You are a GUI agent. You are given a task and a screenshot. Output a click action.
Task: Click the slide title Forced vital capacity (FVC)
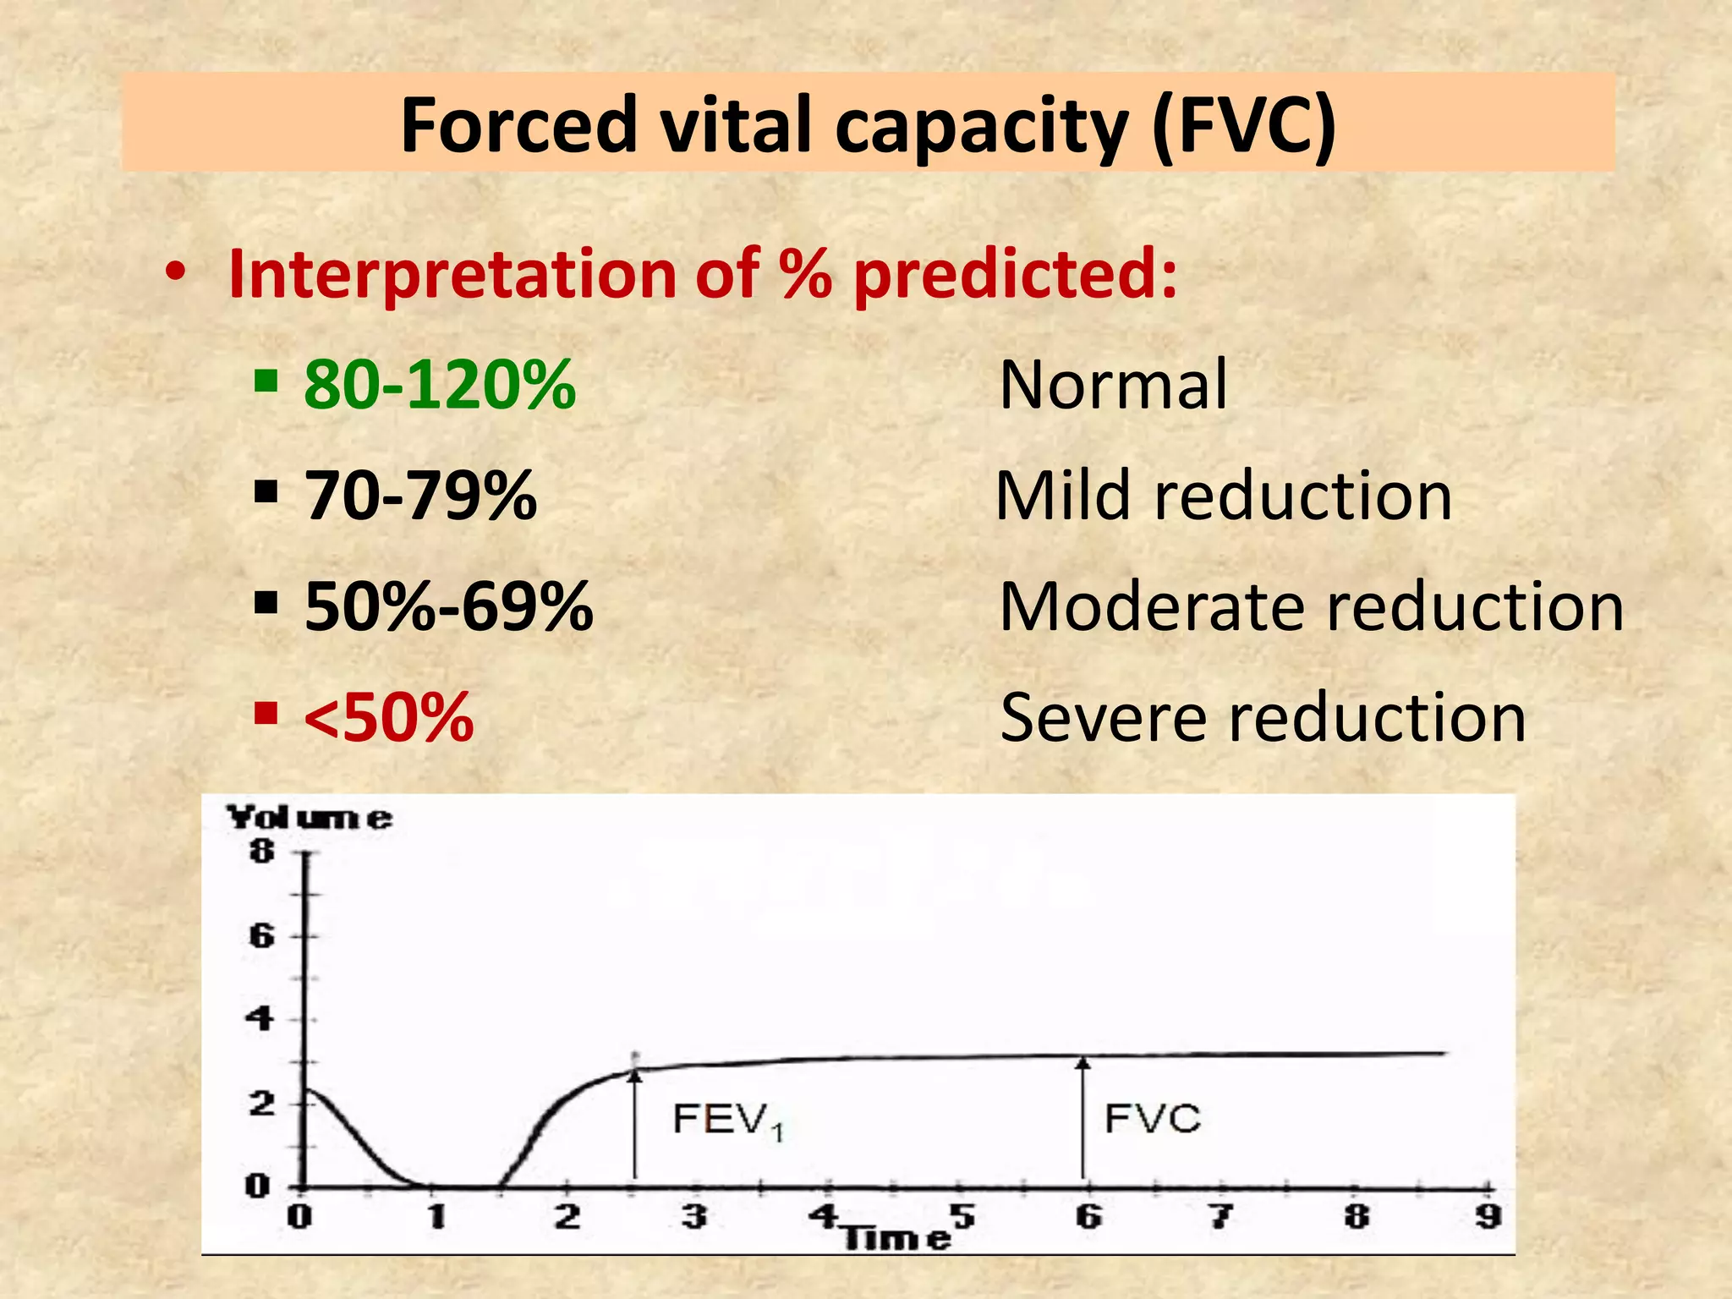point(868,125)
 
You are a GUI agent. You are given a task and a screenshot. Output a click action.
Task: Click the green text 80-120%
point(440,385)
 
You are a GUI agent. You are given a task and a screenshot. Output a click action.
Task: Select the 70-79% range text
point(420,496)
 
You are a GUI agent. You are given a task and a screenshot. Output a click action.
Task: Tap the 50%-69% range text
point(448,606)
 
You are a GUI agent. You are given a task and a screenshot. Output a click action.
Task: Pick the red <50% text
point(388,717)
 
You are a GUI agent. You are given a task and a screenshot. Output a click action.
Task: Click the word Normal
point(1113,385)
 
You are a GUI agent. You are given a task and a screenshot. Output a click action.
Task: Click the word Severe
point(1104,717)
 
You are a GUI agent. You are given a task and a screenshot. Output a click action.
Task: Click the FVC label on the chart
point(1152,1119)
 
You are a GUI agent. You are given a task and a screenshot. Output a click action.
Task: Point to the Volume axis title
point(310,818)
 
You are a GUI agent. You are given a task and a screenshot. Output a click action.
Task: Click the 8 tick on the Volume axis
point(261,852)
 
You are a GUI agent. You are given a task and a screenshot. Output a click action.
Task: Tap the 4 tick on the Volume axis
point(260,1019)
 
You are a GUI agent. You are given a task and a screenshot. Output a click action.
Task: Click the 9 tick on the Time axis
point(1488,1217)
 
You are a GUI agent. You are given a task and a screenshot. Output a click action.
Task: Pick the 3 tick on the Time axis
point(694,1217)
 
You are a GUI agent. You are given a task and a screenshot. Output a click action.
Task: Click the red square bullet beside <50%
point(266,714)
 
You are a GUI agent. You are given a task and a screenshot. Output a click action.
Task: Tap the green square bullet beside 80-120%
point(266,381)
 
